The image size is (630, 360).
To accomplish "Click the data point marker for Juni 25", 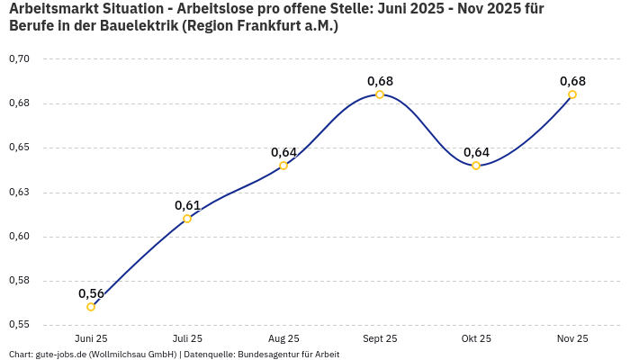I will click(91, 307).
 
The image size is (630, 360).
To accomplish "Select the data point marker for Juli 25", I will click(187, 219).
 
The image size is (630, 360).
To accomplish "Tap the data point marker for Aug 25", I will click(283, 166).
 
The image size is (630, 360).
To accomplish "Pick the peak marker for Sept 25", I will click(380, 94).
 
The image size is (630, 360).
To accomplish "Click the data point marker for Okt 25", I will click(476, 166).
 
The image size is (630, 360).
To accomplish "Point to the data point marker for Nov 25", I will click(572, 94).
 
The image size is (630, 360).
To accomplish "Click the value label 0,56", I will click(91, 293).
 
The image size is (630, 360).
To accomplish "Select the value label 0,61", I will click(187, 205).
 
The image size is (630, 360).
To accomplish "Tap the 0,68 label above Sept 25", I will click(380, 81).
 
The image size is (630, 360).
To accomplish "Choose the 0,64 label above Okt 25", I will click(476, 152).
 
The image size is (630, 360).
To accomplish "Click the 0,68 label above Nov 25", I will click(572, 81).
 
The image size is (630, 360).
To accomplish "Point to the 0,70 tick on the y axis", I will click(19, 58).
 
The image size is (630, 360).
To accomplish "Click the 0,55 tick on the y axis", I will click(19, 324).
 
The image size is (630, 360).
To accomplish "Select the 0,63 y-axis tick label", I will click(19, 192).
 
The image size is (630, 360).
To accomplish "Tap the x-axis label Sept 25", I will click(380, 338).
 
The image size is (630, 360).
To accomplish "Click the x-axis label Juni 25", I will click(91, 338).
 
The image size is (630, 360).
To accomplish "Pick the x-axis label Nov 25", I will click(572, 338).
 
